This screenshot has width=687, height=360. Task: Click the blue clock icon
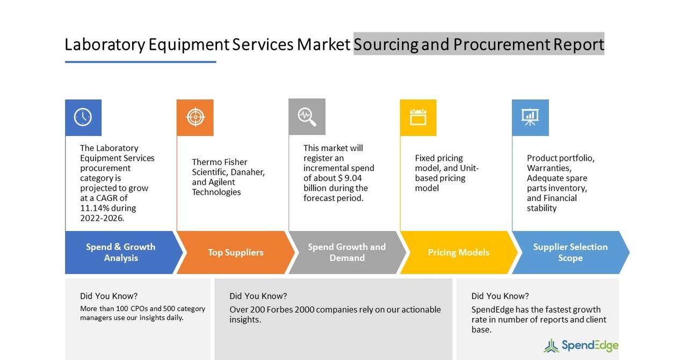point(83,117)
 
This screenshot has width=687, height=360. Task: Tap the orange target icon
point(195,117)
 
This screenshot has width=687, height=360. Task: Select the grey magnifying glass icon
point(307,117)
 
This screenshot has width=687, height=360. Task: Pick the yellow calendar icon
point(418,117)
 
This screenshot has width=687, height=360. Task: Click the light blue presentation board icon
point(530,117)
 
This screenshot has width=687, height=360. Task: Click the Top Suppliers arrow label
point(235,253)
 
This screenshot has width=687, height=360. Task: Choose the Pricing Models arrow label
point(458,253)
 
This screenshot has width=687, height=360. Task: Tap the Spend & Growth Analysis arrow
point(121,253)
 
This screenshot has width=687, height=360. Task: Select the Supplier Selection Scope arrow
point(570,253)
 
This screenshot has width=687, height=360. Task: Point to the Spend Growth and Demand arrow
point(346,253)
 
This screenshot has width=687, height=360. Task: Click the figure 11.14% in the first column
point(95,208)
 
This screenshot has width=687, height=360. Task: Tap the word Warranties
point(548,168)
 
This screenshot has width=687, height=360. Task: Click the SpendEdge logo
point(581,345)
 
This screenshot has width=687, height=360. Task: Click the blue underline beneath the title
point(140,62)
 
